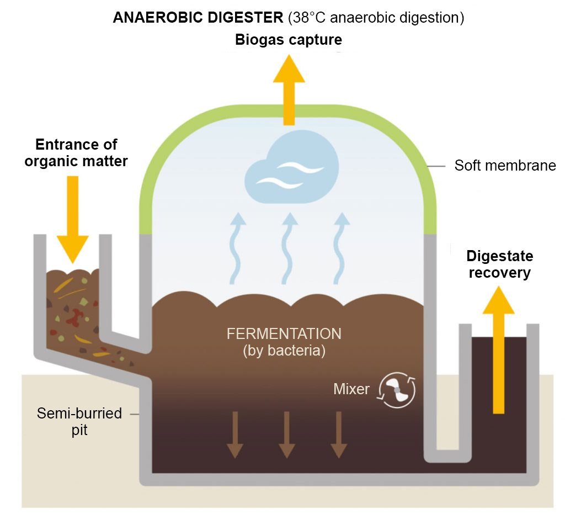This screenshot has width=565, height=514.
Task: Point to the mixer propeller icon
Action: (x=396, y=390)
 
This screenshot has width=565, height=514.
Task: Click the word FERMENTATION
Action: (x=284, y=334)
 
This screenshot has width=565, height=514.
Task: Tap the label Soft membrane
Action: (x=505, y=165)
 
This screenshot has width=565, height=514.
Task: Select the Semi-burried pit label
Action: (x=79, y=421)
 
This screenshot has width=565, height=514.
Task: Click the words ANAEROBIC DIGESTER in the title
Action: (x=198, y=17)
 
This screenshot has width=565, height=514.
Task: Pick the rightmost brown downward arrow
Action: (x=338, y=434)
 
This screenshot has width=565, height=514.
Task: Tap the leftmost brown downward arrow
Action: (x=234, y=434)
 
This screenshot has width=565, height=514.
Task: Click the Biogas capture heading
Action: (x=288, y=40)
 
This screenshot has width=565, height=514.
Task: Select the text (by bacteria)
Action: (x=284, y=351)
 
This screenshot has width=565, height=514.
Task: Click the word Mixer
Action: (x=351, y=389)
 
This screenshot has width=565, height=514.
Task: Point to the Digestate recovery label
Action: (x=499, y=264)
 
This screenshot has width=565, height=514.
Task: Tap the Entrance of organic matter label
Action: (x=76, y=153)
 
